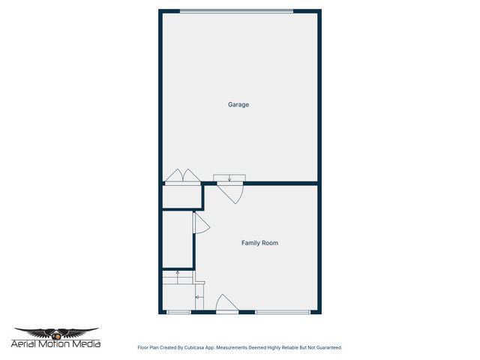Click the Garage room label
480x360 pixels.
click(x=238, y=104)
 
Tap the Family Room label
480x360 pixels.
click(x=259, y=243)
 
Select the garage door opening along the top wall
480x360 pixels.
click(x=236, y=10)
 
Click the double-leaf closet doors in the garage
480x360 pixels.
click(x=182, y=176)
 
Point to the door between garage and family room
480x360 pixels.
click(x=232, y=192)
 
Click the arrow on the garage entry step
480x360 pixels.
click(x=229, y=178)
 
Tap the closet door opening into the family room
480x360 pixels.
click(x=200, y=223)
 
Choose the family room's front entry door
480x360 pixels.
click(x=226, y=304)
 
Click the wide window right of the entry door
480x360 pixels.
click(x=283, y=312)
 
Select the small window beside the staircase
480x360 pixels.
click(x=178, y=312)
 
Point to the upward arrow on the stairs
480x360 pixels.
click(x=177, y=274)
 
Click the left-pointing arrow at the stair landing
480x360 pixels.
click(x=199, y=298)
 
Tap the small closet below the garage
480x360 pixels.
click(x=181, y=196)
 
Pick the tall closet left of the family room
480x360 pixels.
click(x=177, y=239)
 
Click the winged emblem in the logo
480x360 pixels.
click(x=56, y=332)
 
